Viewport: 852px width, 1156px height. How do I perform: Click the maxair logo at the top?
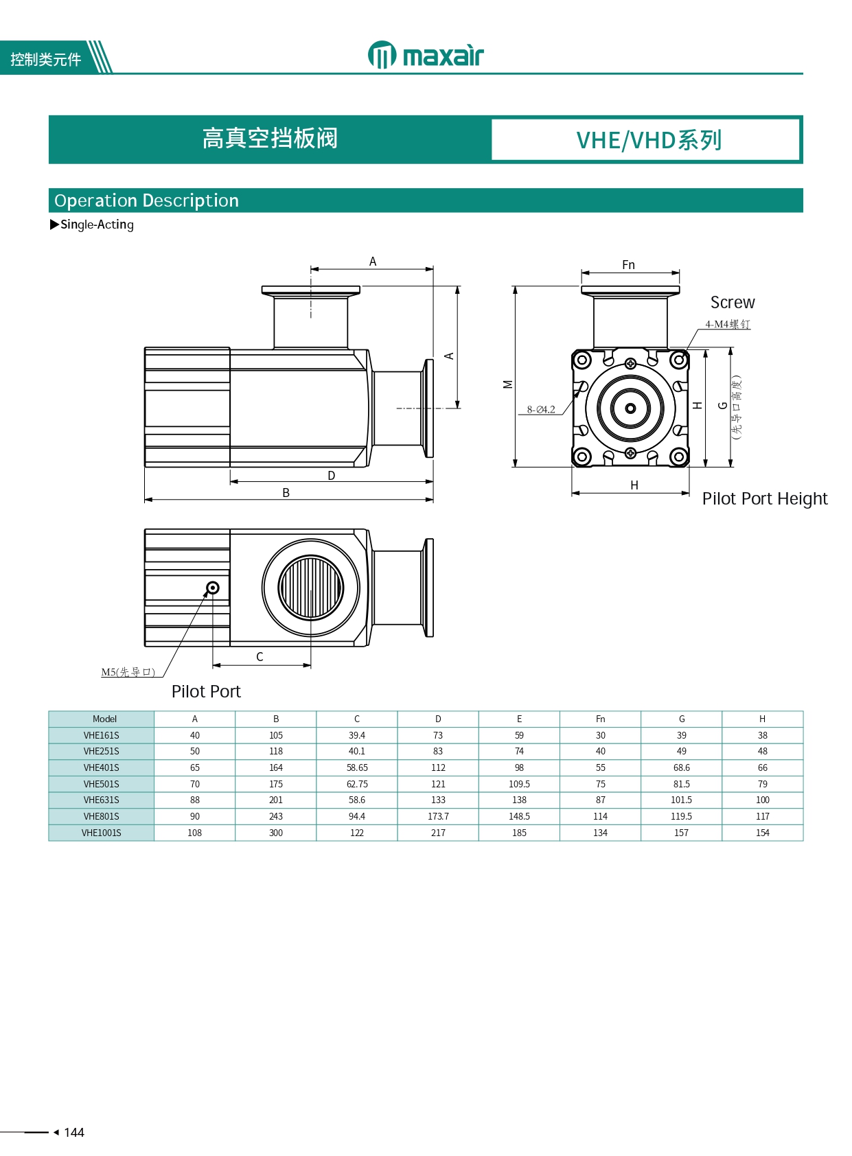(425, 55)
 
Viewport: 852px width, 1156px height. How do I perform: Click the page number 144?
(73, 1132)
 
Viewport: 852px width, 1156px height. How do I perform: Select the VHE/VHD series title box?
(645, 140)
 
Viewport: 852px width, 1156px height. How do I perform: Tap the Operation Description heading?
(146, 200)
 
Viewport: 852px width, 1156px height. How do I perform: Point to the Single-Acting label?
(97, 224)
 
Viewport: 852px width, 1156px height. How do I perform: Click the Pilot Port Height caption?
(764, 498)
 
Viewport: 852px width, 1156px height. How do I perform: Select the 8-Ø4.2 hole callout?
(541, 409)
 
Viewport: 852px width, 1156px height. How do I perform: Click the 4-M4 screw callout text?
(728, 324)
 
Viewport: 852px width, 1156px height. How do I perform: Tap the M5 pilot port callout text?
(128, 672)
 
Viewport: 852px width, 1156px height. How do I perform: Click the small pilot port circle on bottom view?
(213, 588)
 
